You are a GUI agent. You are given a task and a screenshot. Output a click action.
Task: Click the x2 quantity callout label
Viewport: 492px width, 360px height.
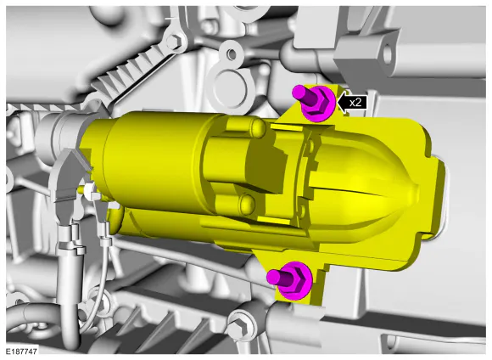[355, 103]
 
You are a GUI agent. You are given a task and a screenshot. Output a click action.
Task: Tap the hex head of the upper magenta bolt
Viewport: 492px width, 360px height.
[318, 104]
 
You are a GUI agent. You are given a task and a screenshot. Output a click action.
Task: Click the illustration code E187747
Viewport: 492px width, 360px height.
[21, 351]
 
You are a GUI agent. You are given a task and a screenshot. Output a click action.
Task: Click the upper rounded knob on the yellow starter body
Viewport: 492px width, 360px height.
[257, 127]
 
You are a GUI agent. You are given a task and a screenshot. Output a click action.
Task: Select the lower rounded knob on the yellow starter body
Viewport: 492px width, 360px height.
[247, 204]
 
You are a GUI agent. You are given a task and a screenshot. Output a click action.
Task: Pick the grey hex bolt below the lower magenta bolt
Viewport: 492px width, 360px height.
[239, 328]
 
